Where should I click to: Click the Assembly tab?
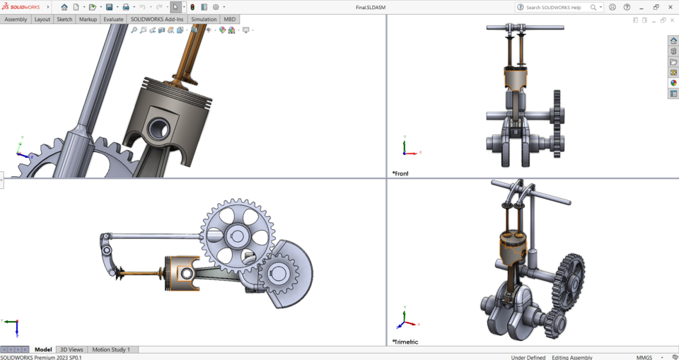pyautogui.click(x=16, y=19)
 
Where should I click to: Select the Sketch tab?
pyautogui.click(x=64, y=19)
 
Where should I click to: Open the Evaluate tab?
pyautogui.click(x=113, y=19)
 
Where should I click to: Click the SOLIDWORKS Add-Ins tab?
pyautogui.click(x=157, y=19)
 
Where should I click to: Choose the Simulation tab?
pyautogui.click(x=204, y=19)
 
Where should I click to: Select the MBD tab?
pyautogui.click(x=230, y=19)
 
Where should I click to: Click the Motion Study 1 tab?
pyautogui.click(x=111, y=349)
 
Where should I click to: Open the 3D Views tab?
pyautogui.click(x=71, y=349)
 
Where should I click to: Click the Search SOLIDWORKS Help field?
pyautogui.click(x=555, y=7)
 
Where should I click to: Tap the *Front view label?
pyautogui.click(x=401, y=173)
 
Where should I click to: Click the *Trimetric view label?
pyautogui.click(x=405, y=342)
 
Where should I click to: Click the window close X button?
pyautogui.click(x=670, y=7)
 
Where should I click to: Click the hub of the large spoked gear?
pyautogui.click(x=237, y=236)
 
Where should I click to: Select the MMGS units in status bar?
pyautogui.click(x=644, y=357)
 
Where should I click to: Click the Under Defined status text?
pyautogui.click(x=528, y=357)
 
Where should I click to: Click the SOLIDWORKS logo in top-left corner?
pyautogui.click(x=21, y=7)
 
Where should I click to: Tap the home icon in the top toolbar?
pyautogui.click(x=64, y=7)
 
